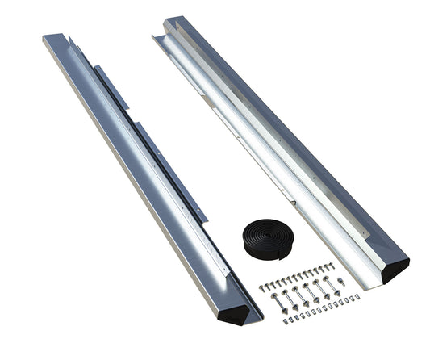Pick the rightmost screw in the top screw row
click(x=332, y=264)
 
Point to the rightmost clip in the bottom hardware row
click(x=357, y=297)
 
